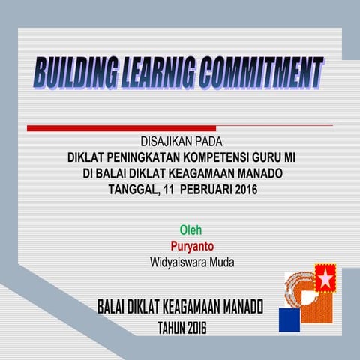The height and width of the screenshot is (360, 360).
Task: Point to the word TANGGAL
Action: pos(133,190)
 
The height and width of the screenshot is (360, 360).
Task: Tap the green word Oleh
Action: pos(190,229)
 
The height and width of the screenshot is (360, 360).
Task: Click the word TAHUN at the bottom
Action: pos(172,328)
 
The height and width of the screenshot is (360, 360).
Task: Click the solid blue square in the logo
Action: pos(289,320)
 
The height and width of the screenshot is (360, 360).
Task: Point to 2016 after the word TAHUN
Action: pos(197,328)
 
